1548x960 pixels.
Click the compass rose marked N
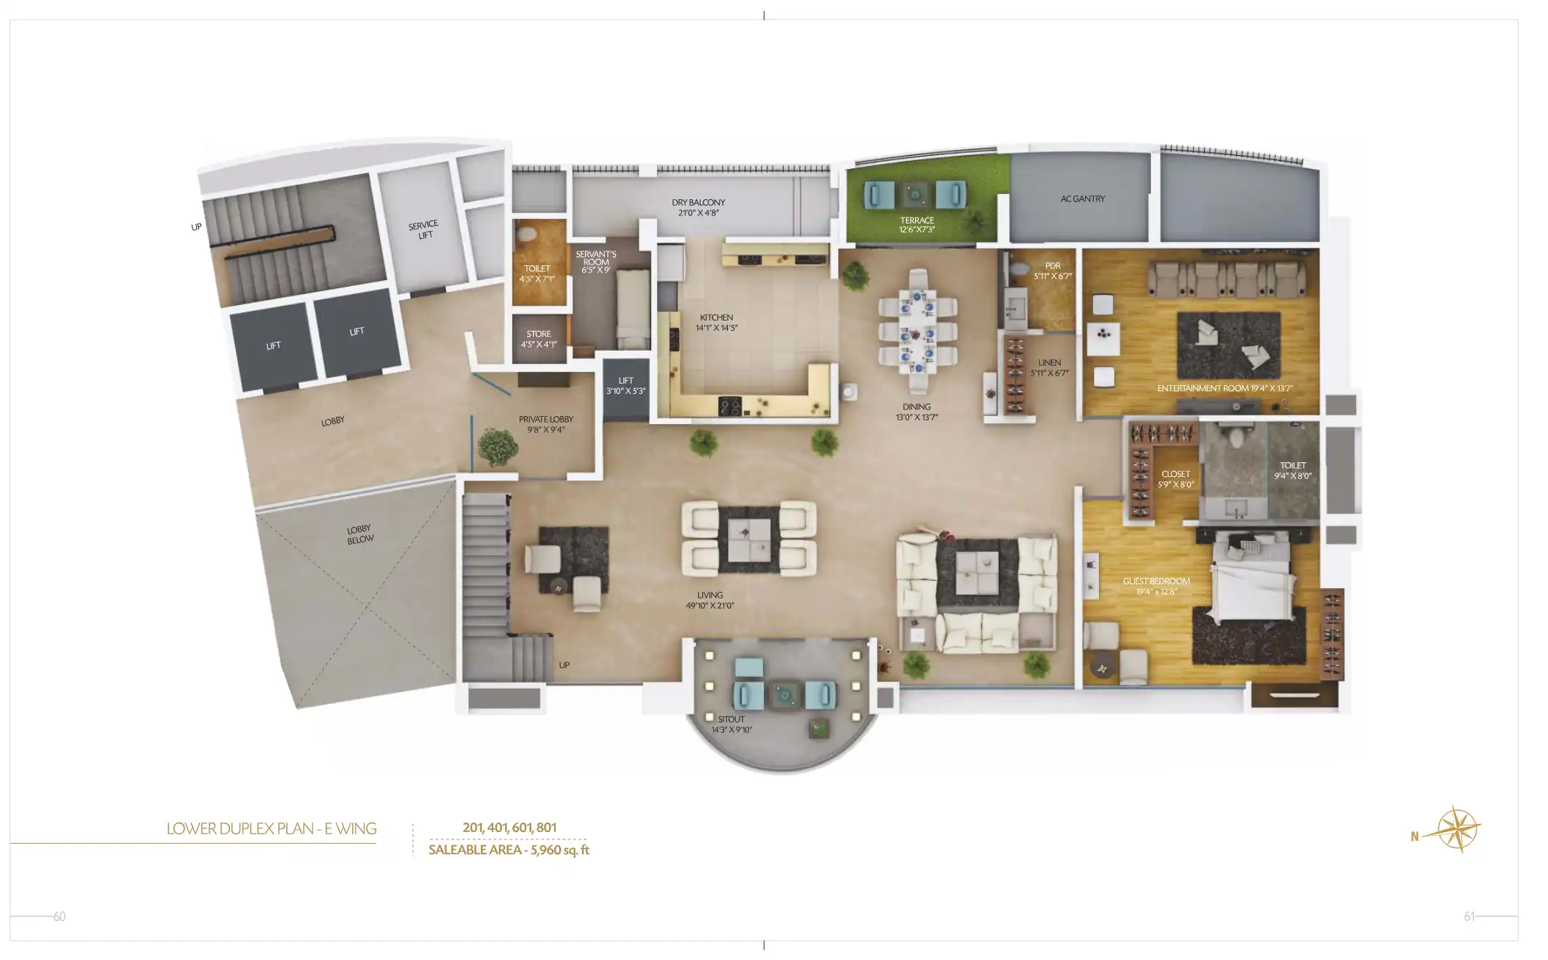(x=1456, y=829)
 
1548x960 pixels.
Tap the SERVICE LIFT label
(x=424, y=229)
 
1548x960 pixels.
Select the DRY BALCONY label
(x=698, y=207)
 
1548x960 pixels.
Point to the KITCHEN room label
(x=717, y=323)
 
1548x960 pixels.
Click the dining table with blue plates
(x=918, y=331)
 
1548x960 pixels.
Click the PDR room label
(x=1053, y=271)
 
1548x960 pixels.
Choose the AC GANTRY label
(x=1082, y=198)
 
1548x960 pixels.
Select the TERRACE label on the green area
(x=917, y=224)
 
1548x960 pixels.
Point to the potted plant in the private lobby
(x=497, y=446)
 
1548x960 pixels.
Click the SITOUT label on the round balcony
(x=731, y=724)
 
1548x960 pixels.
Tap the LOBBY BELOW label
(x=360, y=534)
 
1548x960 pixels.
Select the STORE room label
(x=539, y=338)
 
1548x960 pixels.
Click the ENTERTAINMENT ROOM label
(x=1225, y=388)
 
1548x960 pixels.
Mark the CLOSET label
(x=1175, y=479)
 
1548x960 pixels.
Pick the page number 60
(x=60, y=916)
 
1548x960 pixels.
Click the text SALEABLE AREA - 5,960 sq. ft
(x=509, y=850)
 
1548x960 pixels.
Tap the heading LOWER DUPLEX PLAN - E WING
(x=271, y=828)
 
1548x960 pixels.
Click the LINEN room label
(x=1049, y=368)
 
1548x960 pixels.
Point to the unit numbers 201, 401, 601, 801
(x=509, y=827)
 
